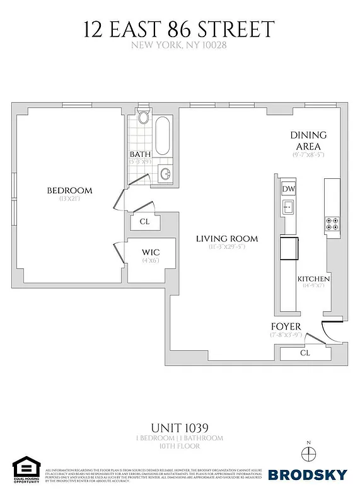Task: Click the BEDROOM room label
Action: click(70, 190)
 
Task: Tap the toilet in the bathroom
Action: click(142, 118)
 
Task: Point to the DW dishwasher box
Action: click(288, 189)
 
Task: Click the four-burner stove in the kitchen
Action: click(332, 223)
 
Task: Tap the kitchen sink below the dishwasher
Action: click(288, 207)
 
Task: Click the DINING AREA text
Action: click(308, 140)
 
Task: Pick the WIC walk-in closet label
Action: click(150, 251)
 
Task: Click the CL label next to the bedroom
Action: click(144, 221)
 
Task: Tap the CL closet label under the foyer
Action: click(306, 353)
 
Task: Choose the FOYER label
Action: click(286, 326)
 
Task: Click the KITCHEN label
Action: click(313, 279)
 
